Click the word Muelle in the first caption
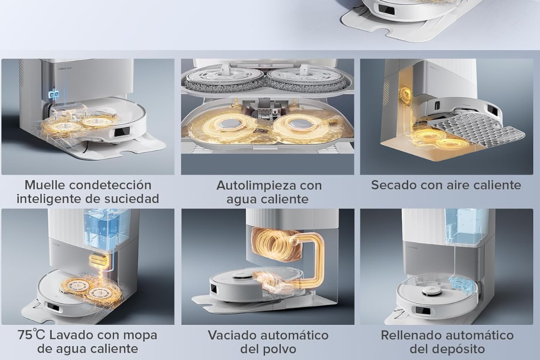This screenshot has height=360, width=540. (45, 185)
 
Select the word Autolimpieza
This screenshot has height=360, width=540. (256, 186)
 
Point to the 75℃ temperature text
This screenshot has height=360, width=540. (31, 335)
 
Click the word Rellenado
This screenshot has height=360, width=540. (411, 335)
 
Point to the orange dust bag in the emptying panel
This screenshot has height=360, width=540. (272, 245)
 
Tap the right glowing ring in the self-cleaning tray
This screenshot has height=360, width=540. (298, 126)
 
